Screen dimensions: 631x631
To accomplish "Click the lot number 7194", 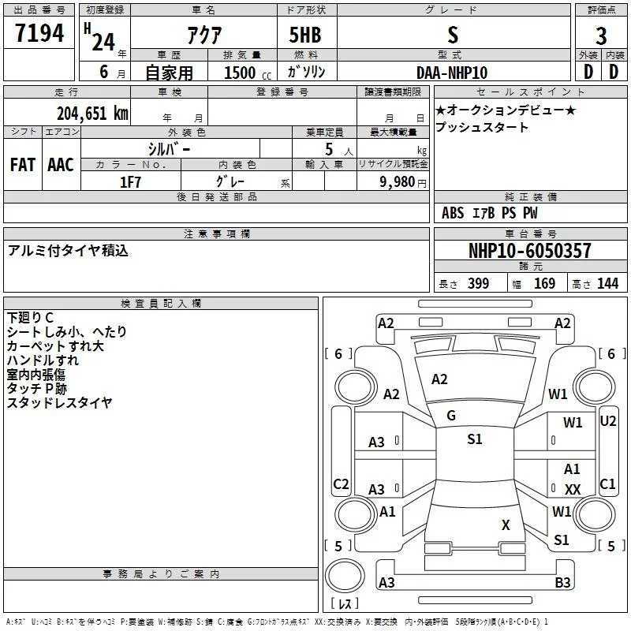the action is click(x=39, y=32).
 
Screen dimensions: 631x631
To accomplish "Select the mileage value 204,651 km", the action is click(x=92, y=114).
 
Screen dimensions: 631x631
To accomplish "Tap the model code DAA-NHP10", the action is click(x=452, y=73).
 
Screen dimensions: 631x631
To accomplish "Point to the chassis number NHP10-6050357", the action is click(x=530, y=251).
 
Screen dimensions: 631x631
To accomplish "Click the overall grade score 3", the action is click(x=601, y=36).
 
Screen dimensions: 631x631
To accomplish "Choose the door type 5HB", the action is click(x=305, y=35).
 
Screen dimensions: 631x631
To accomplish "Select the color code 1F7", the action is click(x=130, y=182).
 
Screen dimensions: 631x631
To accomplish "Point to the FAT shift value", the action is click(x=23, y=165).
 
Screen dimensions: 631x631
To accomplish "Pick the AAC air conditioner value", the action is click(x=61, y=165).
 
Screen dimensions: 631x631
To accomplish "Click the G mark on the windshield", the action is click(x=451, y=416).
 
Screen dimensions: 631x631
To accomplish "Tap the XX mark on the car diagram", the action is click(x=573, y=489).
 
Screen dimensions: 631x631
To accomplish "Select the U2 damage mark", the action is click(x=608, y=421).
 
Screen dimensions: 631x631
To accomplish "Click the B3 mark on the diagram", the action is click(x=562, y=582).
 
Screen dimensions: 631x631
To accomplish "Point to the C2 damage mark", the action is click(x=341, y=484).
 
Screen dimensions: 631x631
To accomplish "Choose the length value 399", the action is click(x=478, y=283).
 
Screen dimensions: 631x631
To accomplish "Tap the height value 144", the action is click(x=607, y=283).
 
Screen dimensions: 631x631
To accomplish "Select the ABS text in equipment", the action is click(x=453, y=213).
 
